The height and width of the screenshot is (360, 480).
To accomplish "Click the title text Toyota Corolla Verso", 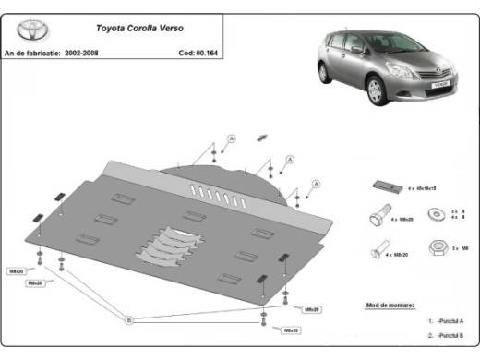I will (138, 29).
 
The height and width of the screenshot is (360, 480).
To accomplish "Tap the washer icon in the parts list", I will (435, 215).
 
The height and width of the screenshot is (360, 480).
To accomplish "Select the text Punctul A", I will (451, 322).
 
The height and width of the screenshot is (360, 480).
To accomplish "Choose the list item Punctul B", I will (451, 336).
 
